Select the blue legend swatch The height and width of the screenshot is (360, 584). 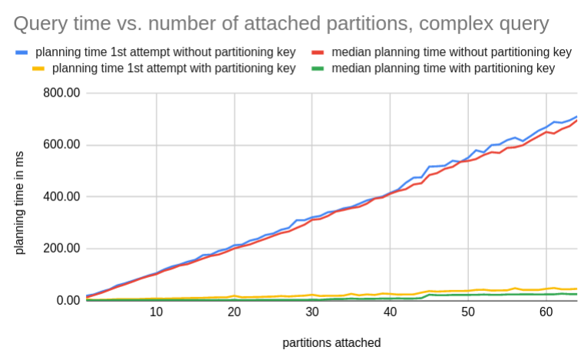21,52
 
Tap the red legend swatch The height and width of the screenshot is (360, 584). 318,52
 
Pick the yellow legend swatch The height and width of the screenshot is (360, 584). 38,68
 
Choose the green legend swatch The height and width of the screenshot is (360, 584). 318,68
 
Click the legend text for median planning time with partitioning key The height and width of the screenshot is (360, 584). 444,68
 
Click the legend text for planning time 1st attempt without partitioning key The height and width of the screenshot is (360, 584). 166,52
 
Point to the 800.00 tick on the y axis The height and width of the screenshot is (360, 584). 61,93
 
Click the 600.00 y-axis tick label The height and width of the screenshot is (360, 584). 61,144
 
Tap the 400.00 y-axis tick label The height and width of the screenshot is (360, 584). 61,197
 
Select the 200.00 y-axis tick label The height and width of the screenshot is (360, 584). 61,248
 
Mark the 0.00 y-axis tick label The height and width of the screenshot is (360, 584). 68,300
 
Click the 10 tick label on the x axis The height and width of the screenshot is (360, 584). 156,312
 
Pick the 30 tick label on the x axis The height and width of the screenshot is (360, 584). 312,312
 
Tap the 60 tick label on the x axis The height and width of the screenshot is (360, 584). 546,312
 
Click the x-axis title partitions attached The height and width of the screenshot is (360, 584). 332,343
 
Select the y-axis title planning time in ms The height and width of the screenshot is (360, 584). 19,203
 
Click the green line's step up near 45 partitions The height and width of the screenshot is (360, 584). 426,296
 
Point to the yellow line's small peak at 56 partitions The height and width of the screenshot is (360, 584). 515,288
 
